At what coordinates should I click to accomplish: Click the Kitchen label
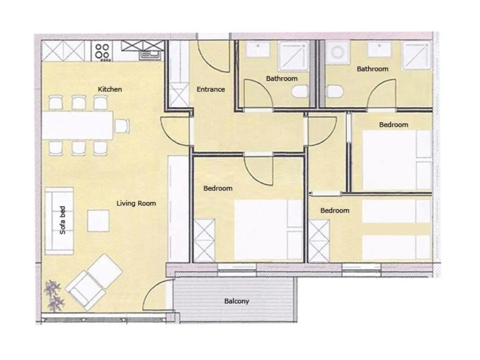tap(109, 89)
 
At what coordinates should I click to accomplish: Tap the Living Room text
tap(136, 203)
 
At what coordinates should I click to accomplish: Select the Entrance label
tap(211, 89)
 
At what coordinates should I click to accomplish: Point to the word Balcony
tap(236, 301)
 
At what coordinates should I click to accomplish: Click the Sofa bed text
tap(63, 220)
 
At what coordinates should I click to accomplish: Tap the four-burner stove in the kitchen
tap(102, 51)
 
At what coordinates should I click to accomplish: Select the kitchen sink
tap(150, 55)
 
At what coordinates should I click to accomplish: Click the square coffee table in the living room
tap(98, 220)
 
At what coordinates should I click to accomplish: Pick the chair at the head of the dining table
tap(122, 125)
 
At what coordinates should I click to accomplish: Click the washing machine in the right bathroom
tap(336, 53)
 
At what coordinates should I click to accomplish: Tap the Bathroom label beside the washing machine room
tap(372, 69)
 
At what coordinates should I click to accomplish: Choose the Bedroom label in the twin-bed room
tap(334, 211)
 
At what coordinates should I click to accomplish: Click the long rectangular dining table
tap(78, 125)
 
